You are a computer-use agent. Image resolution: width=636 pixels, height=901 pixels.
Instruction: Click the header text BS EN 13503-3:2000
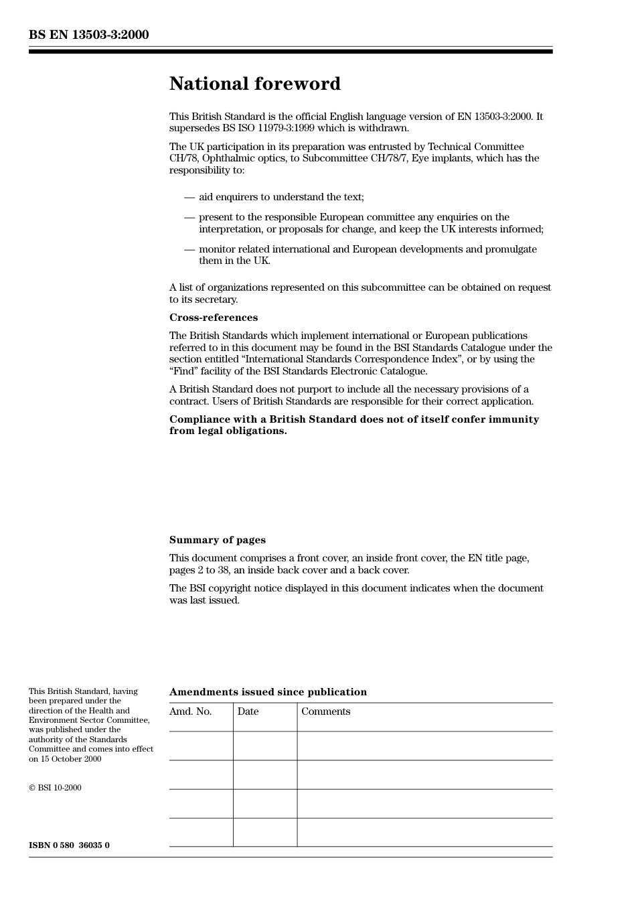[x=88, y=35]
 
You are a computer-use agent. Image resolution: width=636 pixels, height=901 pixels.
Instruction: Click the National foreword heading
[x=254, y=84]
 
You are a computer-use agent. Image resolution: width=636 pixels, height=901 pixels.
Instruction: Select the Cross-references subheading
[x=213, y=318]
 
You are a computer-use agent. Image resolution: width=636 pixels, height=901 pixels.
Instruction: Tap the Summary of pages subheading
[x=217, y=540]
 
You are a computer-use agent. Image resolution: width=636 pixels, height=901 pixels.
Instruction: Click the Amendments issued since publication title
[x=268, y=692]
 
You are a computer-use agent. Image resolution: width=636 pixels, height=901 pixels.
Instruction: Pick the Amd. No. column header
[x=190, y=711]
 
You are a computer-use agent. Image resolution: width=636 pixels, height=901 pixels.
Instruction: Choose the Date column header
[x=248, y=711]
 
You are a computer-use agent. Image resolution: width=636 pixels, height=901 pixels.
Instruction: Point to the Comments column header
[x=325, y=711]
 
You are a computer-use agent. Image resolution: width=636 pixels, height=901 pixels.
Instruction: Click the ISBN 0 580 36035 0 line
[x=69, y=845]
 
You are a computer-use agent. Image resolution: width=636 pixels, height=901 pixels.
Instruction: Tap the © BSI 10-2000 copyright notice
[x=55, y=788]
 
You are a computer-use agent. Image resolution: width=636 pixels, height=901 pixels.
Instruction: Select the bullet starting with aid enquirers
[x=281, y=197]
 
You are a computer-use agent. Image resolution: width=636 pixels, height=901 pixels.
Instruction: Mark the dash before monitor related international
[x=189, y=249]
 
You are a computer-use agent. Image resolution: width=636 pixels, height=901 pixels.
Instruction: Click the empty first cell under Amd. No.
[x=201, y=746]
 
